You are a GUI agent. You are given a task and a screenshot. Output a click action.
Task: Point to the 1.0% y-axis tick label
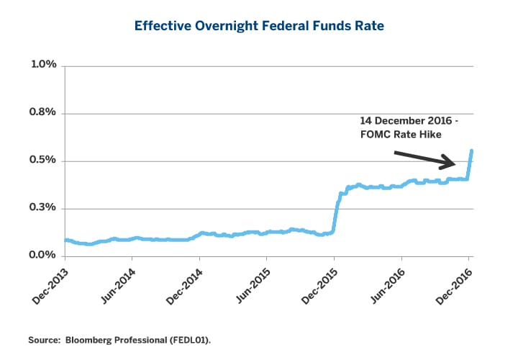coord(41,66)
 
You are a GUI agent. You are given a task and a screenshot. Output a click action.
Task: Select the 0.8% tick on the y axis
coord(41,113)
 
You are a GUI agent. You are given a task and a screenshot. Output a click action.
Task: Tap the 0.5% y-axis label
coord(41,161)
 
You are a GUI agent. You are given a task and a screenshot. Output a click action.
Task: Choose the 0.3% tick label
coord(41,208)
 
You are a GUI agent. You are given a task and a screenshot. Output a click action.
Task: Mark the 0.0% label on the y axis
coord(41,256)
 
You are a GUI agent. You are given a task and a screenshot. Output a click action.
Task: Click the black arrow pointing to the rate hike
coord(428,159)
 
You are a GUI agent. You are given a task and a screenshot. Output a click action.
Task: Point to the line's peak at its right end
coord(471,151)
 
